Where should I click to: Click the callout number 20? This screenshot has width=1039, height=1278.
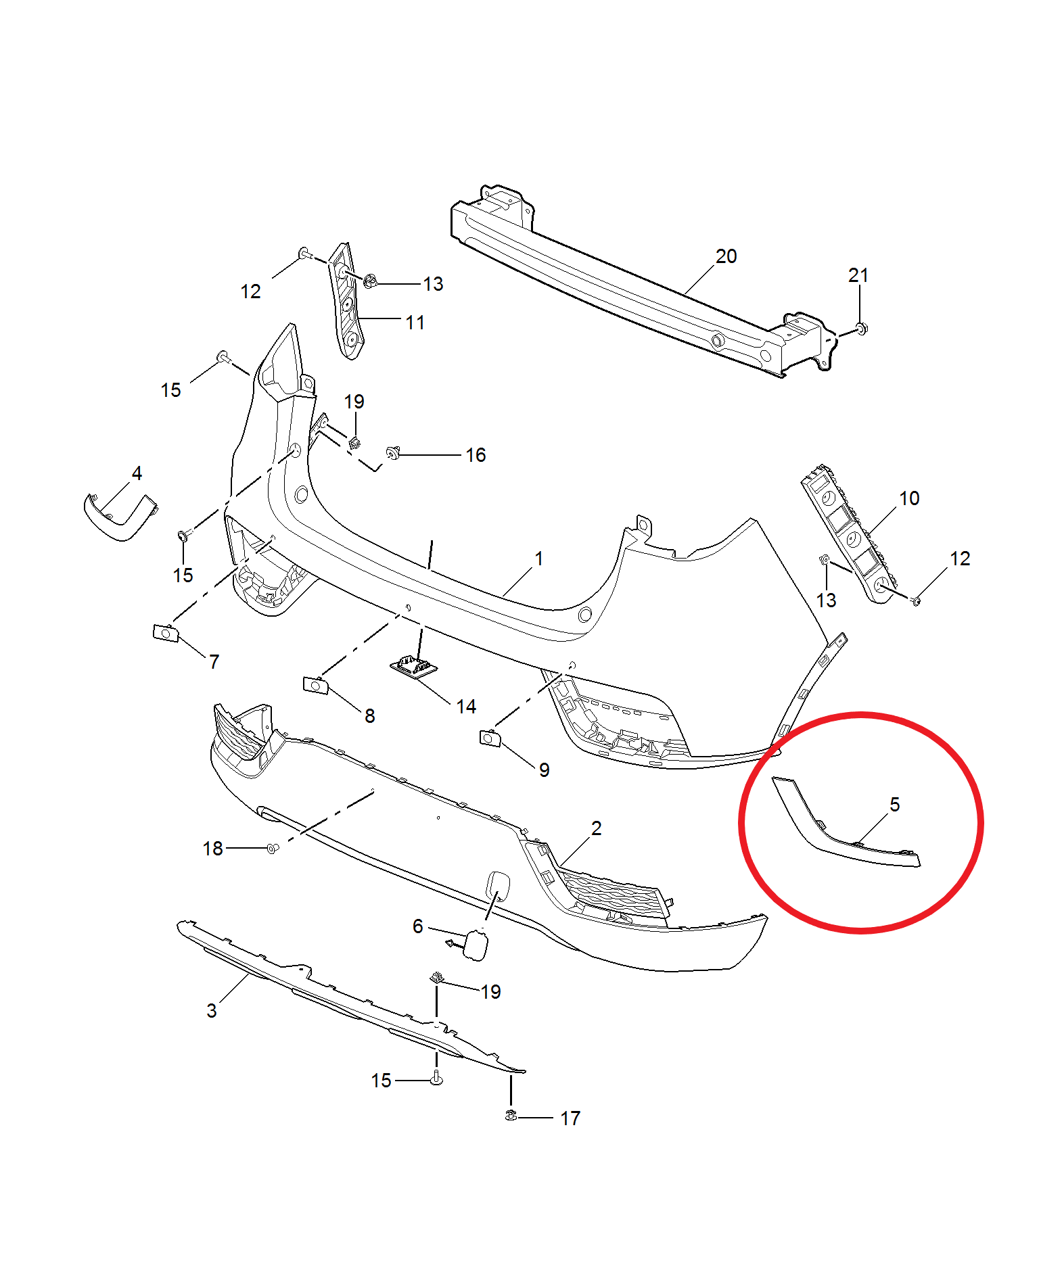[726, 256]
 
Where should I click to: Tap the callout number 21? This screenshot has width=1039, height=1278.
[858, 275]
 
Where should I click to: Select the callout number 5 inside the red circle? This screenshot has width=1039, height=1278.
[894, 804]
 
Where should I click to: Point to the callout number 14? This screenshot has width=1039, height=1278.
[466, 707]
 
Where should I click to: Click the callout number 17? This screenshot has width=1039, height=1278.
[570, 1118]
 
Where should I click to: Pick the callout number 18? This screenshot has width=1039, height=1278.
[212, 849]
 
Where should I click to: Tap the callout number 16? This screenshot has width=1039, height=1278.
[476, 455]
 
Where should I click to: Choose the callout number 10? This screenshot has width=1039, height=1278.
[909, 498]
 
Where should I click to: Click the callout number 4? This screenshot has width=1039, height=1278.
[137, 473]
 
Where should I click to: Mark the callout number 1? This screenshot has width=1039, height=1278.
[539, 559]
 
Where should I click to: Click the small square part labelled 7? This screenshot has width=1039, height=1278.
[166, 634]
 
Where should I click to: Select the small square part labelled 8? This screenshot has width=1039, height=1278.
[316, 685]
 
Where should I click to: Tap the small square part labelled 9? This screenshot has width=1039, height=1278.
[490, 738]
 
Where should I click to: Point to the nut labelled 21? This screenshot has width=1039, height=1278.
[860, 329]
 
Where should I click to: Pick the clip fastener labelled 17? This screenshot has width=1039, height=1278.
[511, 1115]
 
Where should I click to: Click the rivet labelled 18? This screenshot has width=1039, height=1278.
[273, 849]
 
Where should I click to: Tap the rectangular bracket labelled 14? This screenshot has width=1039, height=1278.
[413, 666]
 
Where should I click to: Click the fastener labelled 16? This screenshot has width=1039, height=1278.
[393, 452]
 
